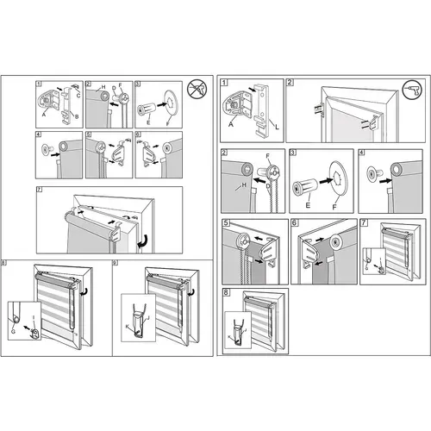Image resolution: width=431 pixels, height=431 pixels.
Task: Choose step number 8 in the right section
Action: [x=225, y=293]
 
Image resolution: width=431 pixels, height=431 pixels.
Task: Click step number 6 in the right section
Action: [x=295, y=223]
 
